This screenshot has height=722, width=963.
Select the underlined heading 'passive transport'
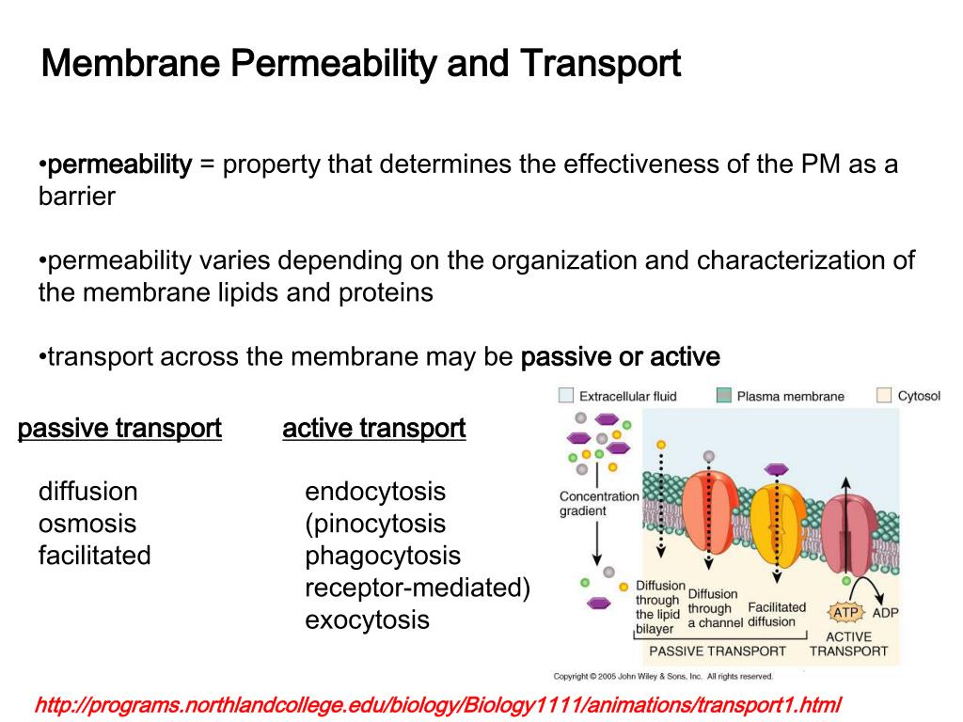(x=119, y=430)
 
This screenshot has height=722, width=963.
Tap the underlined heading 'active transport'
(x=373, y=430)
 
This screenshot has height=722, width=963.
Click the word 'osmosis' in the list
(x=87, y=524)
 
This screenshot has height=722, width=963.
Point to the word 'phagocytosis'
(x=383, y=556)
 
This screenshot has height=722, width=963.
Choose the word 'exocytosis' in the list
(x=367, y=620)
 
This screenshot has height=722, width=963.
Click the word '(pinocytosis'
(x=375, y=524)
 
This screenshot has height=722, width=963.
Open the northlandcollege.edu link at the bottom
(x=436, y=704)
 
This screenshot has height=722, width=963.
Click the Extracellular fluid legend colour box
(x=566, y=396)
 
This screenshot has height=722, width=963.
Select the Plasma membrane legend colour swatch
(x=724, y=396)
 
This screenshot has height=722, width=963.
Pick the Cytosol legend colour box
(x=884, y=396)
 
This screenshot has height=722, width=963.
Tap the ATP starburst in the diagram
(x=844, y=613)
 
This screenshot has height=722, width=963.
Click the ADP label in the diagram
(x=886, y=613)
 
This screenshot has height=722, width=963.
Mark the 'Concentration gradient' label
(x=598, y=504)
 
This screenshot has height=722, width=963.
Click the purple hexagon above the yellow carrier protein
(x=776, y=469)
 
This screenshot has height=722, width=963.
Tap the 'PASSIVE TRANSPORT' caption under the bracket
(x=718, y=651)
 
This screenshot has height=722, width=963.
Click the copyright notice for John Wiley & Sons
(x=662, y=676)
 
